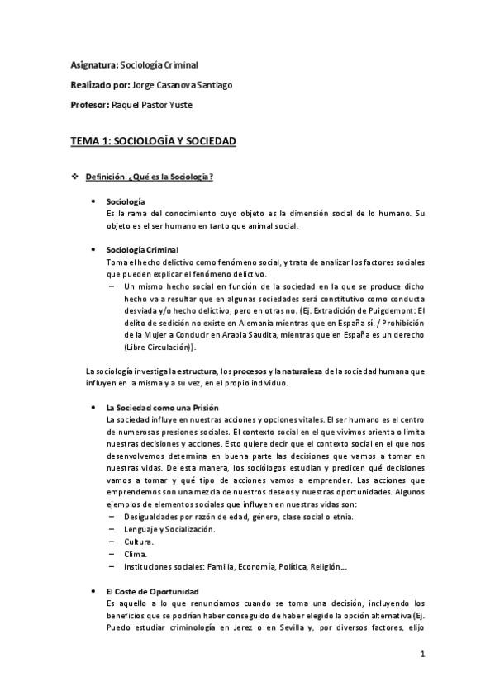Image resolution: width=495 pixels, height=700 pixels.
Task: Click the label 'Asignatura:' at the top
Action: (93, 64)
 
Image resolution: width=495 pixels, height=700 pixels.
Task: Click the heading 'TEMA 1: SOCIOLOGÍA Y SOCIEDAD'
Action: (154, 142)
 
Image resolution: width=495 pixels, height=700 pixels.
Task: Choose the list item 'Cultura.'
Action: (137, 542)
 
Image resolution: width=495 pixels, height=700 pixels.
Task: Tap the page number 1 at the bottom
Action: (421, 655)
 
